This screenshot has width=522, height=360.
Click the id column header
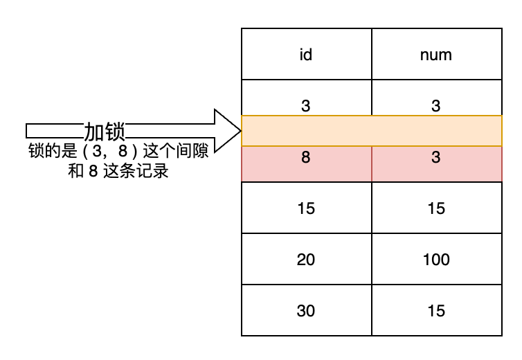[306, 54]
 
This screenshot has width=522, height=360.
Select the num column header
[436, 54]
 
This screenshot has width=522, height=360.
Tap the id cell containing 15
[306, 208]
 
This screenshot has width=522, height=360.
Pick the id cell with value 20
[306, 259]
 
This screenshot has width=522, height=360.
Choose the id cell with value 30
[306, 310]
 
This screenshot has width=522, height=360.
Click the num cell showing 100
[436, 259]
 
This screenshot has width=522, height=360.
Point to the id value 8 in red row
[306, 157]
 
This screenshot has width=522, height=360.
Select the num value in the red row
[436, 157]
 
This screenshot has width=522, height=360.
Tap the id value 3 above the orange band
[306, 105]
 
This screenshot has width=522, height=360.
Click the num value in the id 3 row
[436, 105]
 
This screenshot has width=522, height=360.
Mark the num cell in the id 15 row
[436, 208]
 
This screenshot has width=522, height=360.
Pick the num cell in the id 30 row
[436, 310]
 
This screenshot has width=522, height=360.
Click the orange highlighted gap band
[372, 131]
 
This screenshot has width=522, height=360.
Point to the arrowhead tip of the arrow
[241, 131]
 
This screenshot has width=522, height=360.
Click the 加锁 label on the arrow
[105, 132]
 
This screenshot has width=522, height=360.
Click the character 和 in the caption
[76, 171]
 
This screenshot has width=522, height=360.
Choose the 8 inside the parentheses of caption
[123, 151]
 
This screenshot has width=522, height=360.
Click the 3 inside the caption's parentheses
[97, 151]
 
